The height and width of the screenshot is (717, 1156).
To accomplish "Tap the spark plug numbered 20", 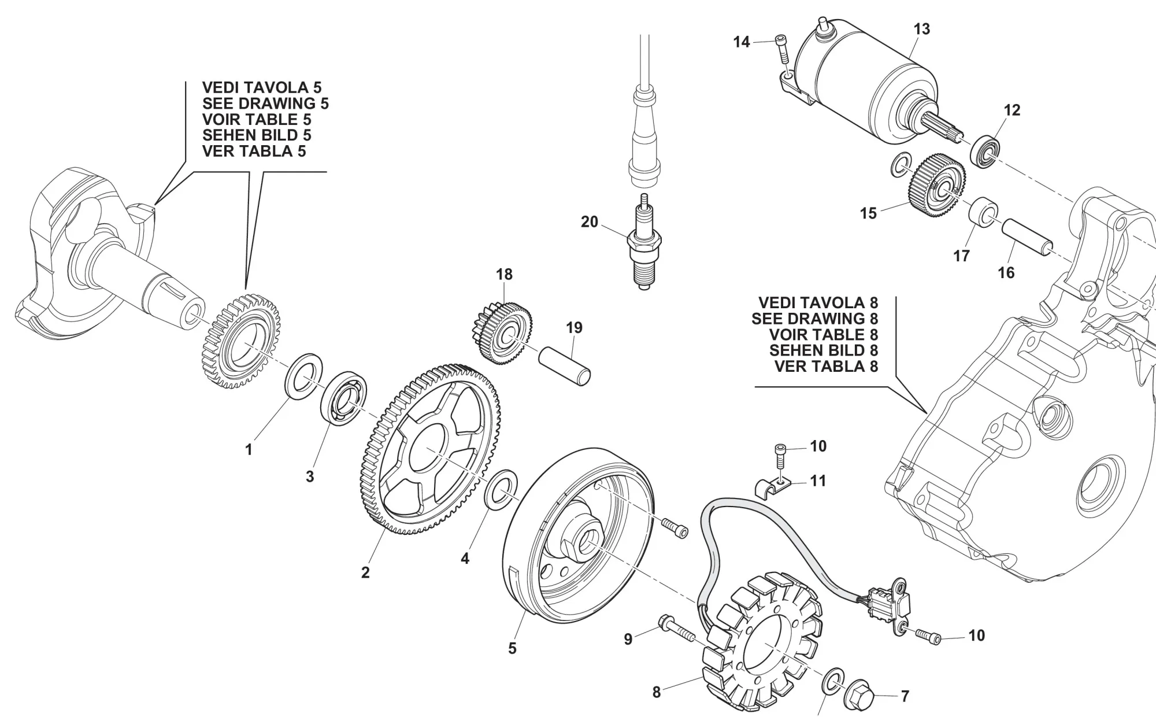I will point(645,246).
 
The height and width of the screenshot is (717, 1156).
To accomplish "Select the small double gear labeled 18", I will point(503,332).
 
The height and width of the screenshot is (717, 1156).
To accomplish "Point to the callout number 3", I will point(310,476).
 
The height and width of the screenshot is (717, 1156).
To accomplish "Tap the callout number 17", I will point(961,256).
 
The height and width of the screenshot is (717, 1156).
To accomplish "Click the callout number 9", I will point(628,639).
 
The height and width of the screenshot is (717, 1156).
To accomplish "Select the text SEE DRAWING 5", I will point(265,104).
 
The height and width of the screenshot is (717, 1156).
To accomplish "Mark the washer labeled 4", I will point(501,489).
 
